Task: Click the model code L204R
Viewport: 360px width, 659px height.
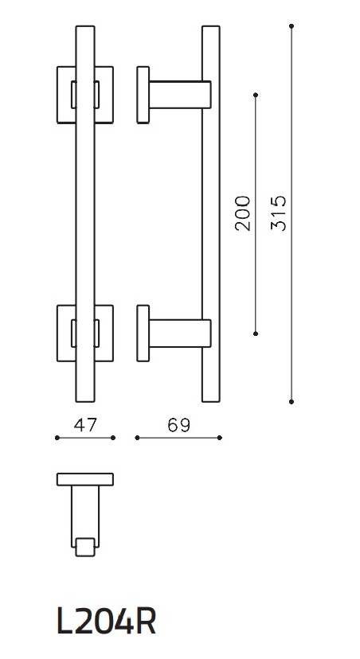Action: point(106,622)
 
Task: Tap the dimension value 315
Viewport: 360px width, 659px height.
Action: point(278,213)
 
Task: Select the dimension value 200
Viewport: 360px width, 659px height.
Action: point(243,213)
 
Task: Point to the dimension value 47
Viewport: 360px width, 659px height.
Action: point(85,425)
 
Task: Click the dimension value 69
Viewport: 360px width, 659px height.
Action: point(179,425)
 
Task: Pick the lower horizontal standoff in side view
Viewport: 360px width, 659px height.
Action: point(178,333)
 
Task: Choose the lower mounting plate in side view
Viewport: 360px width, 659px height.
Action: point(143,333)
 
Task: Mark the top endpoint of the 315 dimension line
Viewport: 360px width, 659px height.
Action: point(292,27)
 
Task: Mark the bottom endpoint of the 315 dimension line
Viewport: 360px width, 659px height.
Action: point(292,401)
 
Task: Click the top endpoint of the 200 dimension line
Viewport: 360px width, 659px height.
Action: point(256,96)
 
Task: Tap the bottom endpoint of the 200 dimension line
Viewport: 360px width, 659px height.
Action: point(256,333)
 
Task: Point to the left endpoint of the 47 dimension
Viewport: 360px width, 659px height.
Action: point(57,438)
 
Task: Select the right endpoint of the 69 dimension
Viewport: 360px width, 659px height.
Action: point(220,438)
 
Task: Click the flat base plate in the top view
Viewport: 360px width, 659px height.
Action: point(85,479)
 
